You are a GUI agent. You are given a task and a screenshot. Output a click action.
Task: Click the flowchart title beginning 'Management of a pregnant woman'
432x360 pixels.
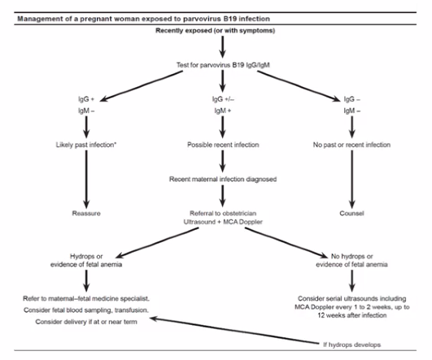tap(143, 19)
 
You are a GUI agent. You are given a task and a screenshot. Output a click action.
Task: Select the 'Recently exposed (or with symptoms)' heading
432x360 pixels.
tap(215, 31)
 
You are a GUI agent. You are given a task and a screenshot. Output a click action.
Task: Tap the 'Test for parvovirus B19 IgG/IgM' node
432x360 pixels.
tap(223, 65)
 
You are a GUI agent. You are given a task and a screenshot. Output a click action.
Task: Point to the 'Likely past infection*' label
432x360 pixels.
tap(86, 145)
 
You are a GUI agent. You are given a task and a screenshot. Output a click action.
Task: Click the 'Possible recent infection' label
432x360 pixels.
tap(223, 145)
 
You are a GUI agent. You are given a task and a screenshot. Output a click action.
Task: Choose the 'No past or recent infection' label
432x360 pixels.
tap(351, 145)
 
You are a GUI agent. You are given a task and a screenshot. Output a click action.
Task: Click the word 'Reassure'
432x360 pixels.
tap(86, 213)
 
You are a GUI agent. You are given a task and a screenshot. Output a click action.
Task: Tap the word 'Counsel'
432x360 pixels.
tap(351, 213)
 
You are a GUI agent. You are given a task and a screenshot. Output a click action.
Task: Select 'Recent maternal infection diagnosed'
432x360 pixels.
tap(223, 179)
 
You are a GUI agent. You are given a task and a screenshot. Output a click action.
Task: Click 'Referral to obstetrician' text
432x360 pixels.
tap(223, 213)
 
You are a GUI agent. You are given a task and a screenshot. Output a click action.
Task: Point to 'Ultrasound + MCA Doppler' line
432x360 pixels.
tap(223, 222)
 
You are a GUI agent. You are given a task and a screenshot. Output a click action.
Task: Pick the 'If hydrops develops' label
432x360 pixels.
tap(351, 345)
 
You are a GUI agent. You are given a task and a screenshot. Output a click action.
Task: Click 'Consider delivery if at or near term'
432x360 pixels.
tap(86, 322)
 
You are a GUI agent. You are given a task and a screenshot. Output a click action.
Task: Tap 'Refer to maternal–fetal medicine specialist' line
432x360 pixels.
tap(86, 298)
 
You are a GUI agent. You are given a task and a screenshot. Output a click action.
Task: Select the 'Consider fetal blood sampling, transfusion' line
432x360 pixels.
tap(86, 310)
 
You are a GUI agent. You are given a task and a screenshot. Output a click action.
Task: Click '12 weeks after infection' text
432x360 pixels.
tap(351, 315)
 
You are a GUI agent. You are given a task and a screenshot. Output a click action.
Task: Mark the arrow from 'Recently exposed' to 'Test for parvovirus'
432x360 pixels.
tap(223, 47)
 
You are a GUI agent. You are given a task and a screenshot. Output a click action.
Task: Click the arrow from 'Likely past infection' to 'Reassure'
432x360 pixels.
tap(86, 179)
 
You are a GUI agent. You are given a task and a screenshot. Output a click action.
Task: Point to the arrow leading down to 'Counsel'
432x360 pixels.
tap(351, 179)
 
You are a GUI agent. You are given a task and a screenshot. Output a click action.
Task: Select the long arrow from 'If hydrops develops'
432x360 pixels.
tap(234, 331)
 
